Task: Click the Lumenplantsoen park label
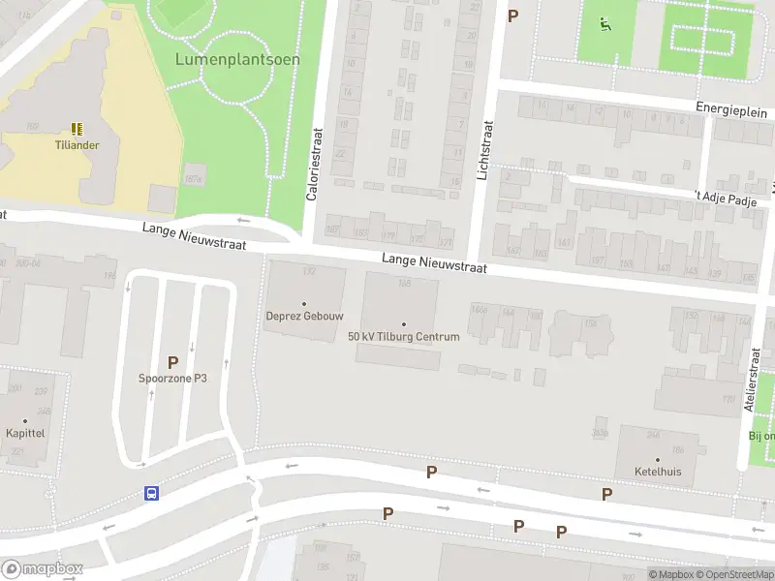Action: tap(237, 59)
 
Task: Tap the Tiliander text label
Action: tap(77, 145)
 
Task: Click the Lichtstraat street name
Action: tap(485, 150)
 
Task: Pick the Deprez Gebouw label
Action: tap(304, 316)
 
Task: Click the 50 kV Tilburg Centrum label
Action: tap(403, 336)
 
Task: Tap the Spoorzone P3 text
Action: tap(172, 378)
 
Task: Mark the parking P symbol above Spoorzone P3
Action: tap(172, 362)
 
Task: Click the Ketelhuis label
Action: tap(657, 472)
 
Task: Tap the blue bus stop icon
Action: tap(151, 492)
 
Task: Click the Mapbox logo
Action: tap(42, 568)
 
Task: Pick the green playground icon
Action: tap(605, 24)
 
